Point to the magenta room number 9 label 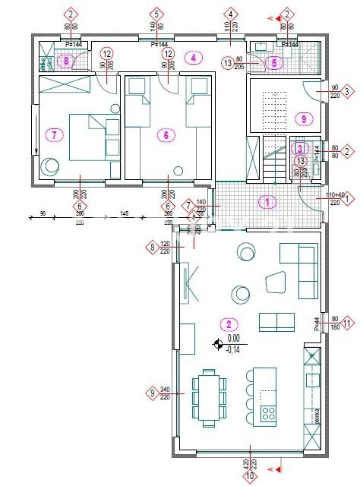click(303, 118)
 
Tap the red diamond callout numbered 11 click(347, 323)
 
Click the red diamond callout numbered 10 click(250, 476)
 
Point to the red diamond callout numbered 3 click(347, 92)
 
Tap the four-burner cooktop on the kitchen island click(269, 413)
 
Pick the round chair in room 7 click(51, 165)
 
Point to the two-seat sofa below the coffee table click(277, 322)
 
